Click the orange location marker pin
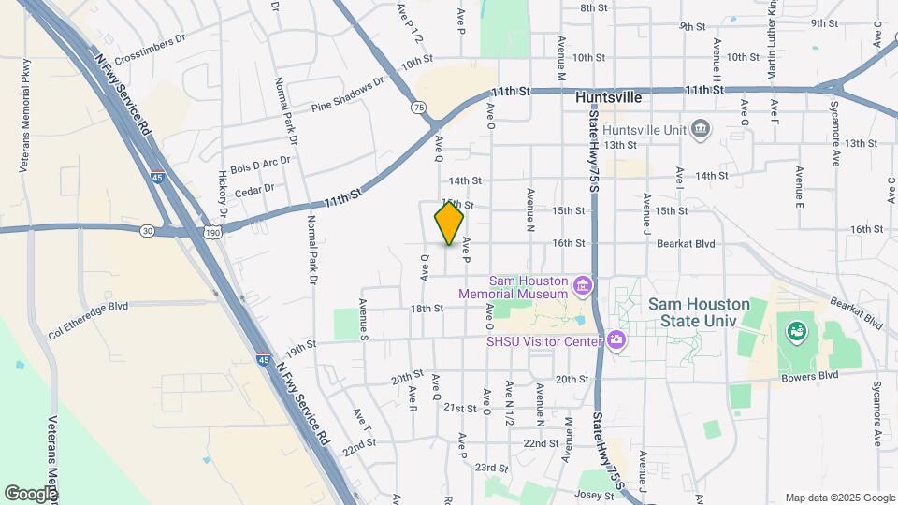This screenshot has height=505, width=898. [449, 224]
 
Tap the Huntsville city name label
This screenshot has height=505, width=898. [609, 96]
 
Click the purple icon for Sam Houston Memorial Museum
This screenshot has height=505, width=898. [583, 283]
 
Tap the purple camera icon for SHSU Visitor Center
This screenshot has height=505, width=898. [616, 339]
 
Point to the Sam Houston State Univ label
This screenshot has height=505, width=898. [698, 312]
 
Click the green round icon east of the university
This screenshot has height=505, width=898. [797, 330]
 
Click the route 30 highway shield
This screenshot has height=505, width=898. [147, 230]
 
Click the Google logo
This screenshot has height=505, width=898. [31, 493]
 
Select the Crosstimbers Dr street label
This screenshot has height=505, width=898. [152, 45]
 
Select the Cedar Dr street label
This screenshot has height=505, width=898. [254, 190]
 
